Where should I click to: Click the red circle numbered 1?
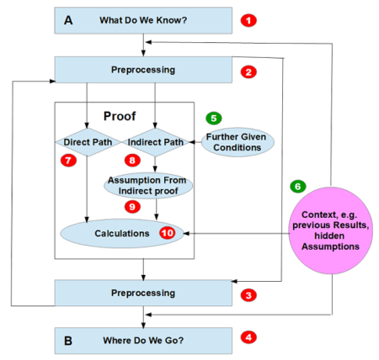point(248,19)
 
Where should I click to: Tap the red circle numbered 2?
point(248,71)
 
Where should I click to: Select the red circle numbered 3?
point(248,294)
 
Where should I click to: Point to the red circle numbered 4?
point(248,338)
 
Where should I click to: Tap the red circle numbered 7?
point(68,160)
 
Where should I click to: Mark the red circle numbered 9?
point(131,205)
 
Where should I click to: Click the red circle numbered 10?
point(167,231)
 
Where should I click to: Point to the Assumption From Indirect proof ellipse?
point(152,185)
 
